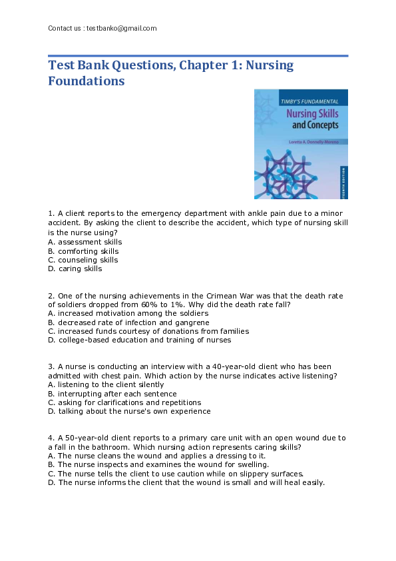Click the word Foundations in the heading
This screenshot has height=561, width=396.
click(x=87, y=81)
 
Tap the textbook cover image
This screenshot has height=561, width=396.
click(x=301, y=144)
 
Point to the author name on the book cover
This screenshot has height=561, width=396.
click(x=313, y=141)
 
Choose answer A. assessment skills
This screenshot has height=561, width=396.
click(x=85, y=242)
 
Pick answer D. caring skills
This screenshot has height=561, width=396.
click(x=75, y=269)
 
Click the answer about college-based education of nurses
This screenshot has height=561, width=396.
click(x=140, y=340)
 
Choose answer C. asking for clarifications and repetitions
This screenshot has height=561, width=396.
click(x=124, y=402)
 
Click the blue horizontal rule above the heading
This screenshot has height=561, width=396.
click(x=198, y=56)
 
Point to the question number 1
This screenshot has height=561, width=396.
click(x=51, y=213)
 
